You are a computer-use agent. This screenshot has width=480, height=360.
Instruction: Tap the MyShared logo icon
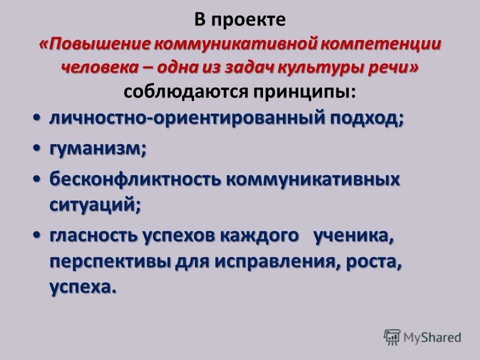click(x=392, y=337)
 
